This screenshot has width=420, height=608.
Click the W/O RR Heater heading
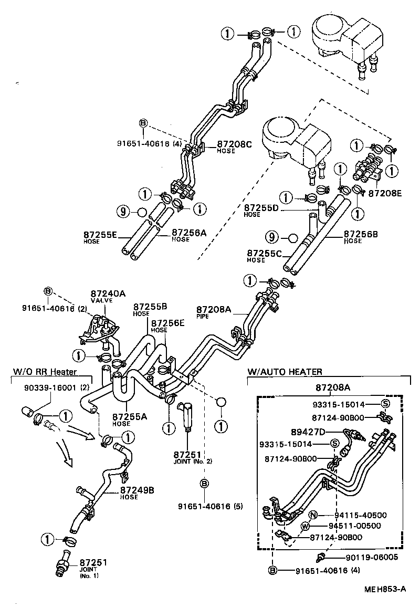[x=45, y=372]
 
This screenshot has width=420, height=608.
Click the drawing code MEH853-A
[x=385, y=589]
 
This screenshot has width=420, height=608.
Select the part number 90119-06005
[x=372, y=558]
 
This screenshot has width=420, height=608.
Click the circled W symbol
[x=305, y=526]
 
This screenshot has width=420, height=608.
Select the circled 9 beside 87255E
[x=122, y=212]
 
